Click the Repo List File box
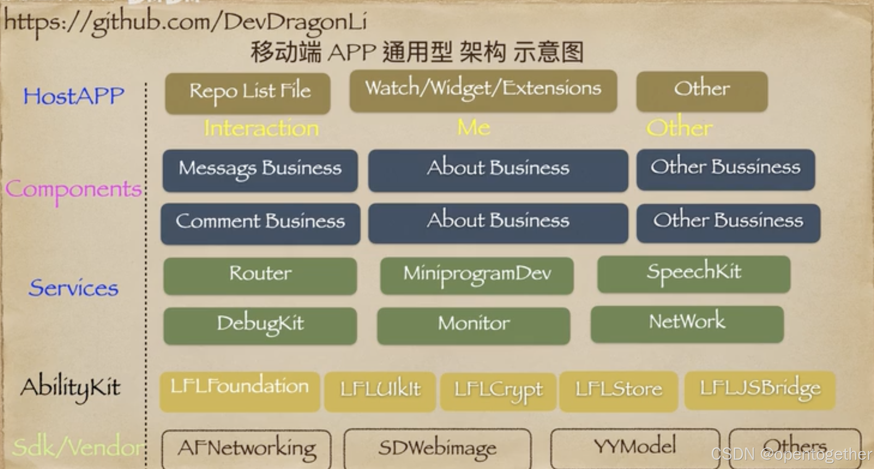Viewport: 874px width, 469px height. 248,93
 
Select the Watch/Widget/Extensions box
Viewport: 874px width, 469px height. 483,91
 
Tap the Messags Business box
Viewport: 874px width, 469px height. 260,170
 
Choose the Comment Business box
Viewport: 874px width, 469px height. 260,223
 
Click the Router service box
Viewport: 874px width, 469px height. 260,276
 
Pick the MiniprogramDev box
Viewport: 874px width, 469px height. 477,275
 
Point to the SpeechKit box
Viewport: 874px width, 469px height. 693,274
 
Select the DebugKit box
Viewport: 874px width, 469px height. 260,325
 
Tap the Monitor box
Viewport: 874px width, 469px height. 473,325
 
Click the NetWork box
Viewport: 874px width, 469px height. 687,323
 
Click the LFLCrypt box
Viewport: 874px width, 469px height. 498,392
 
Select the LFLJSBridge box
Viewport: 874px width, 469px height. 760,390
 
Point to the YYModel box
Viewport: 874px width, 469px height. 635,447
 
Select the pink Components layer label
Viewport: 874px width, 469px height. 73,190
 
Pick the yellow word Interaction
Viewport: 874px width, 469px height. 261,128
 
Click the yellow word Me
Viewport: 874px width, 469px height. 473,127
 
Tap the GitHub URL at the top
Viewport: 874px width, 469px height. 185,22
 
